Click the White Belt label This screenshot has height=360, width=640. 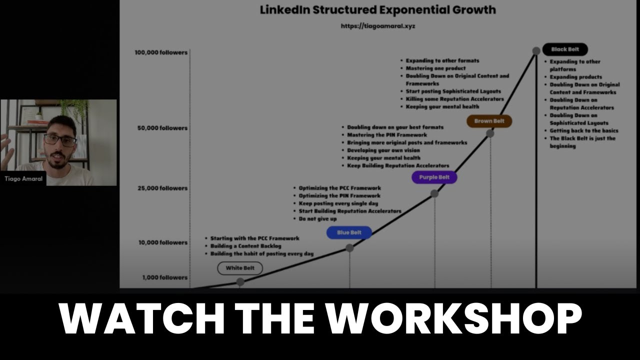[x=240, y=268]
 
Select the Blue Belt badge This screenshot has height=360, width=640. [x=349, y=232]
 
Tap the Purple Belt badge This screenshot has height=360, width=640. [x=434, y=177]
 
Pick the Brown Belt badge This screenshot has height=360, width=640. [x=489, y=121]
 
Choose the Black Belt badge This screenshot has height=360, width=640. [x=565, y=49]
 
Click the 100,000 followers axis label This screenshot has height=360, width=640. [x=161, y=52]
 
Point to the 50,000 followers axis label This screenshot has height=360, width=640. [x=162, y=128]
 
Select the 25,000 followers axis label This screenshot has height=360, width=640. [x=162, y=188]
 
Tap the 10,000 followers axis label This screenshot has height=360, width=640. [x=163, y=242]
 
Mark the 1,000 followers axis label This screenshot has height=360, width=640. [x=164, y=277]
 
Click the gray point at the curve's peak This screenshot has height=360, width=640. [x=536, y=51]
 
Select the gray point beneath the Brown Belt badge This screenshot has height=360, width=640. [x=490, y=133]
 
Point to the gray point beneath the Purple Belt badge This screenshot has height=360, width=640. [x=434, y=193]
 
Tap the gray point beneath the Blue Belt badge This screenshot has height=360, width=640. [x=349, y=247]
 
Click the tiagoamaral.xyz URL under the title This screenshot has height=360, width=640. [x=377, y=26]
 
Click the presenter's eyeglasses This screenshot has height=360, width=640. [x=60, y=140]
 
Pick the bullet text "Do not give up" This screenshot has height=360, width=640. [x=318, y=219]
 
